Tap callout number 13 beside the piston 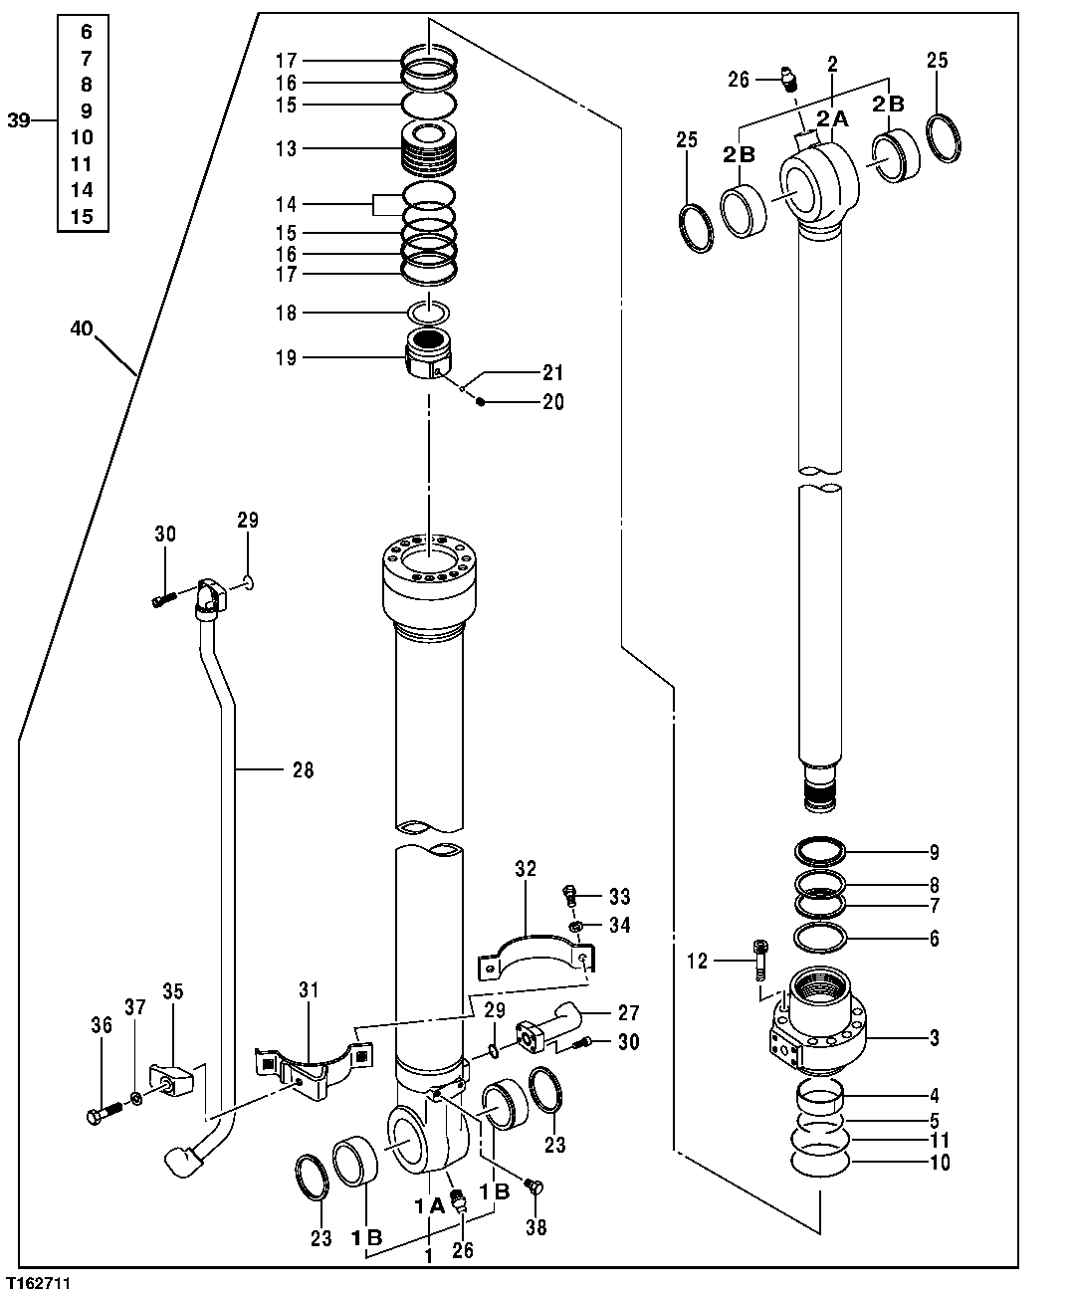287,148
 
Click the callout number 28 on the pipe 303,769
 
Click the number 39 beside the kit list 19,120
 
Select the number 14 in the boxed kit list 82,190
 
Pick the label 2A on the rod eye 832,119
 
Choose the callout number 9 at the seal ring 933,852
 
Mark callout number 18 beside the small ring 287,313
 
